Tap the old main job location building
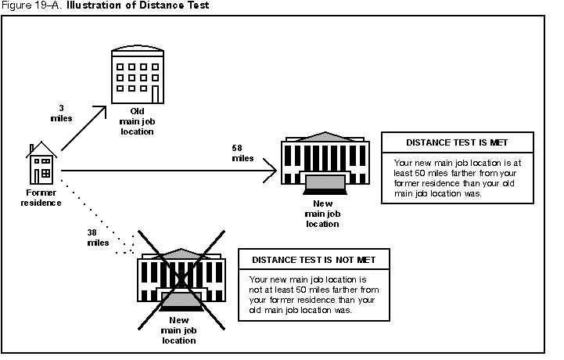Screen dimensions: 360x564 pyautogui.click(x=136, y=75)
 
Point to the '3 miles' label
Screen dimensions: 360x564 pyautogui.click(x=60, y=113)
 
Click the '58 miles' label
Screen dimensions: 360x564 pyautogui.click(x=242, y=152)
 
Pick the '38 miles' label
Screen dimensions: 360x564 pyautogui.click(x=98, y=237)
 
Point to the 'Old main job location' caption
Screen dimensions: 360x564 pyautogui.click(x=137, y=121)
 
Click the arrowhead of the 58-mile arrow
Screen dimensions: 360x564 pyautogui.click(x=272, y=169)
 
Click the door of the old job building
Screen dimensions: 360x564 pyautogui.click(x=155, y=94)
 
